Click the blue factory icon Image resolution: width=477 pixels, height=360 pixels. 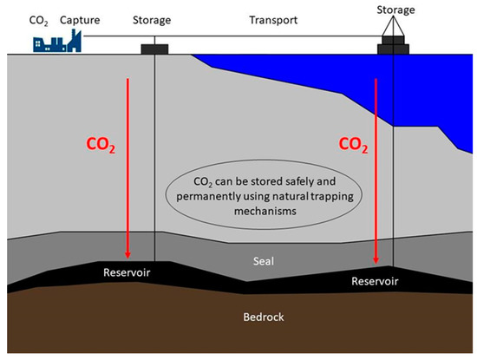click(x=53, y=41)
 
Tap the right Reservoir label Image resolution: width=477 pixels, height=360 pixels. click(x=376, y=281)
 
